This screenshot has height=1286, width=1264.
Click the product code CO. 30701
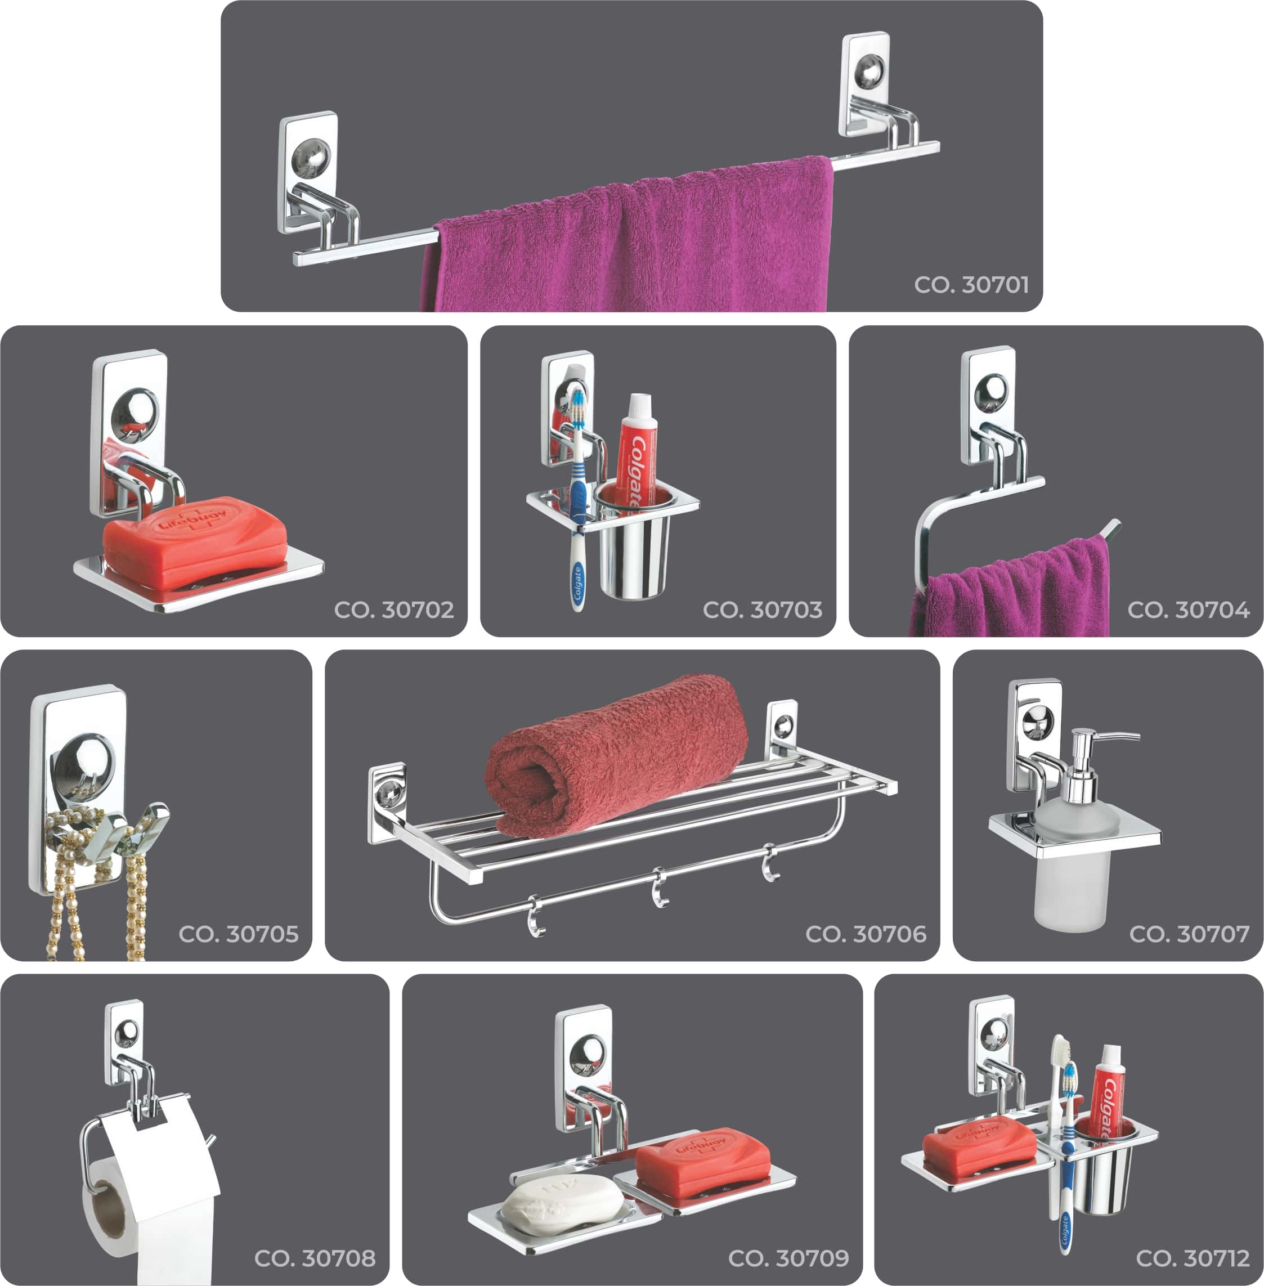click(971, 285)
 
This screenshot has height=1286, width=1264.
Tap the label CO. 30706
click(866, 934)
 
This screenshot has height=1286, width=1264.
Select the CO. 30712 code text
click(1193, 1258)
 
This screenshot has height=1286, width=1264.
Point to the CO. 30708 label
click(315, 1258)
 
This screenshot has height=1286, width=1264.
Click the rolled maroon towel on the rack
click(616, 755)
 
